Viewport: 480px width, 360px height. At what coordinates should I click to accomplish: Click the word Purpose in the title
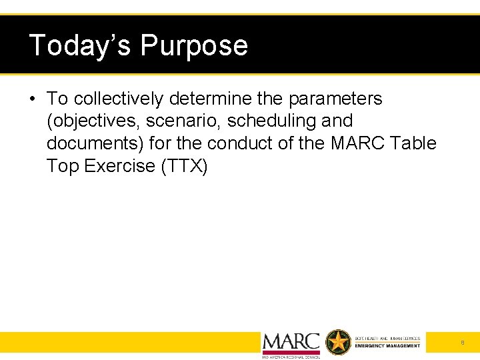194,45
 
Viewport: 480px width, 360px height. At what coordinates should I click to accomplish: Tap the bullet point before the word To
32,99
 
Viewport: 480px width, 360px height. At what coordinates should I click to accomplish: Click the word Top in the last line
63,166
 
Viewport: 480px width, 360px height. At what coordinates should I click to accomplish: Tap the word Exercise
120,166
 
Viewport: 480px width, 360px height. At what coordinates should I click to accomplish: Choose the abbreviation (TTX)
185,166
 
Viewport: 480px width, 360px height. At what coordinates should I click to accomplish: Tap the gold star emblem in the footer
338,343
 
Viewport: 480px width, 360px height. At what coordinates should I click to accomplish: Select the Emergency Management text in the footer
387,346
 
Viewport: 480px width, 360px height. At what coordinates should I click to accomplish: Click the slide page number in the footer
462,343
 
